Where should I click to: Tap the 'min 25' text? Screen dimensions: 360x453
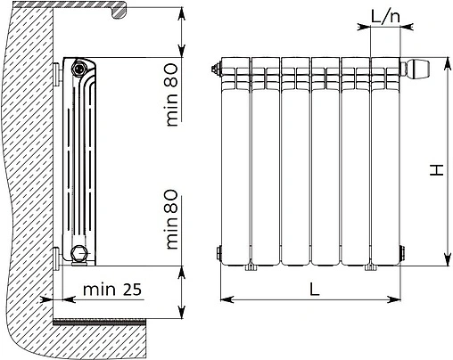pos(111,290)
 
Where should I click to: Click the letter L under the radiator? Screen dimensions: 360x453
pos(313,288)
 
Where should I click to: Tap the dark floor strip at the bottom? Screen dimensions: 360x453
pos(116,320)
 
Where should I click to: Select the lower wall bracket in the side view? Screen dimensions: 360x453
pos(58,256)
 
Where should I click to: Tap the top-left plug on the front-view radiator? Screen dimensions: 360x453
pos(217,69)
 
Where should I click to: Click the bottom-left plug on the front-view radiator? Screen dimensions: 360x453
pos(218,253)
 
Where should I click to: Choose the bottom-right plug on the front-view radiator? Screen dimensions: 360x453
pos(404,253)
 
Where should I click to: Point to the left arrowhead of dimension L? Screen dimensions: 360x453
pos(224,299)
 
